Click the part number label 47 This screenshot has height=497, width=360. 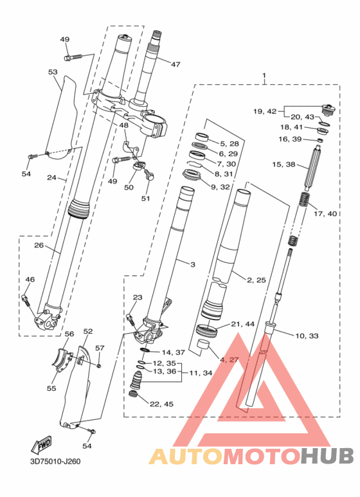(x=175, y=64)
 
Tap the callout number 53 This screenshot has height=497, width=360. (x=53, y=72)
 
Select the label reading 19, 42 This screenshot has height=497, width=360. (x=265, y=111)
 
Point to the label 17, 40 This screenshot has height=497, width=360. (x=325, y=213)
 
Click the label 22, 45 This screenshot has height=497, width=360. (x=161, y=404)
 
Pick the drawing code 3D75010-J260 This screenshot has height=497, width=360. (x=55, y=461)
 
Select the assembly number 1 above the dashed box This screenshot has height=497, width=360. (x=264, y=76)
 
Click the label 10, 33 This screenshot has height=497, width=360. (x=307, y=336)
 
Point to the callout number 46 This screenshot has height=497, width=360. (x=30, y=280)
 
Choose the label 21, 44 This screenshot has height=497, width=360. (x=243, y=324)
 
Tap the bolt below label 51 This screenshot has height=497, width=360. (x=148, y=174)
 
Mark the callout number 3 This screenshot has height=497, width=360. (x=193, y=264)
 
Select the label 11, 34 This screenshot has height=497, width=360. (x=201, y=373)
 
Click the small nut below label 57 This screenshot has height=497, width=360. (x=99, y=366)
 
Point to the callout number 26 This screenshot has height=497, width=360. (x=39, y=246)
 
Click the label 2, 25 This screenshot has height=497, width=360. (x=256, y=280)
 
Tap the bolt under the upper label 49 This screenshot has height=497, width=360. (x=73, y=57)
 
